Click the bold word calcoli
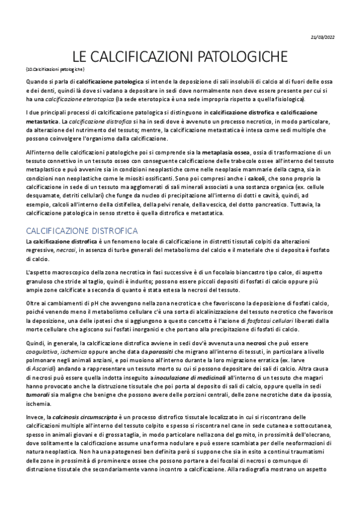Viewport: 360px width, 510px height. coord(256,179)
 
